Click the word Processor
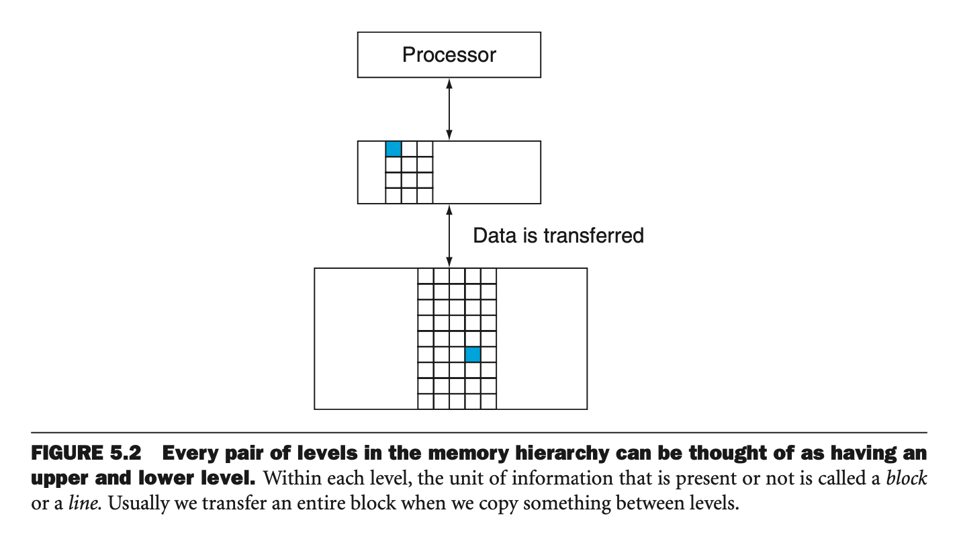pos(449,54)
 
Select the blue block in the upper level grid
pos(394,149)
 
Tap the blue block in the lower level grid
pos(473,354)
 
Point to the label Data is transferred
pos(558,235)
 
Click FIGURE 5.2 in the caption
pos(85,453)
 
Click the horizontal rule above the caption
pos(479,431)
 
